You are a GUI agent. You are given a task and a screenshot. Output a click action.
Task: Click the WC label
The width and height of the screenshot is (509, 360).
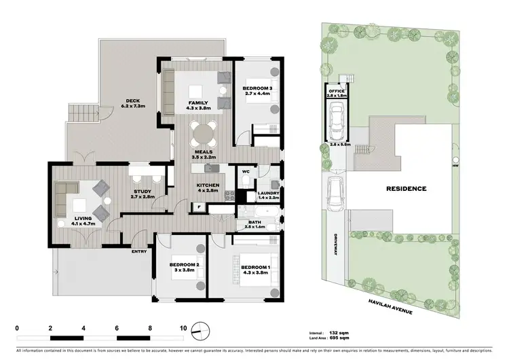(246, 172)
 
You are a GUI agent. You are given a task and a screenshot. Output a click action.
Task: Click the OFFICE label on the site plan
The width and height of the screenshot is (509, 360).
(337, 91)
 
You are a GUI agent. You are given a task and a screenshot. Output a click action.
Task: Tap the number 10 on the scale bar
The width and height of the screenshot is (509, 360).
(183, 327)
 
